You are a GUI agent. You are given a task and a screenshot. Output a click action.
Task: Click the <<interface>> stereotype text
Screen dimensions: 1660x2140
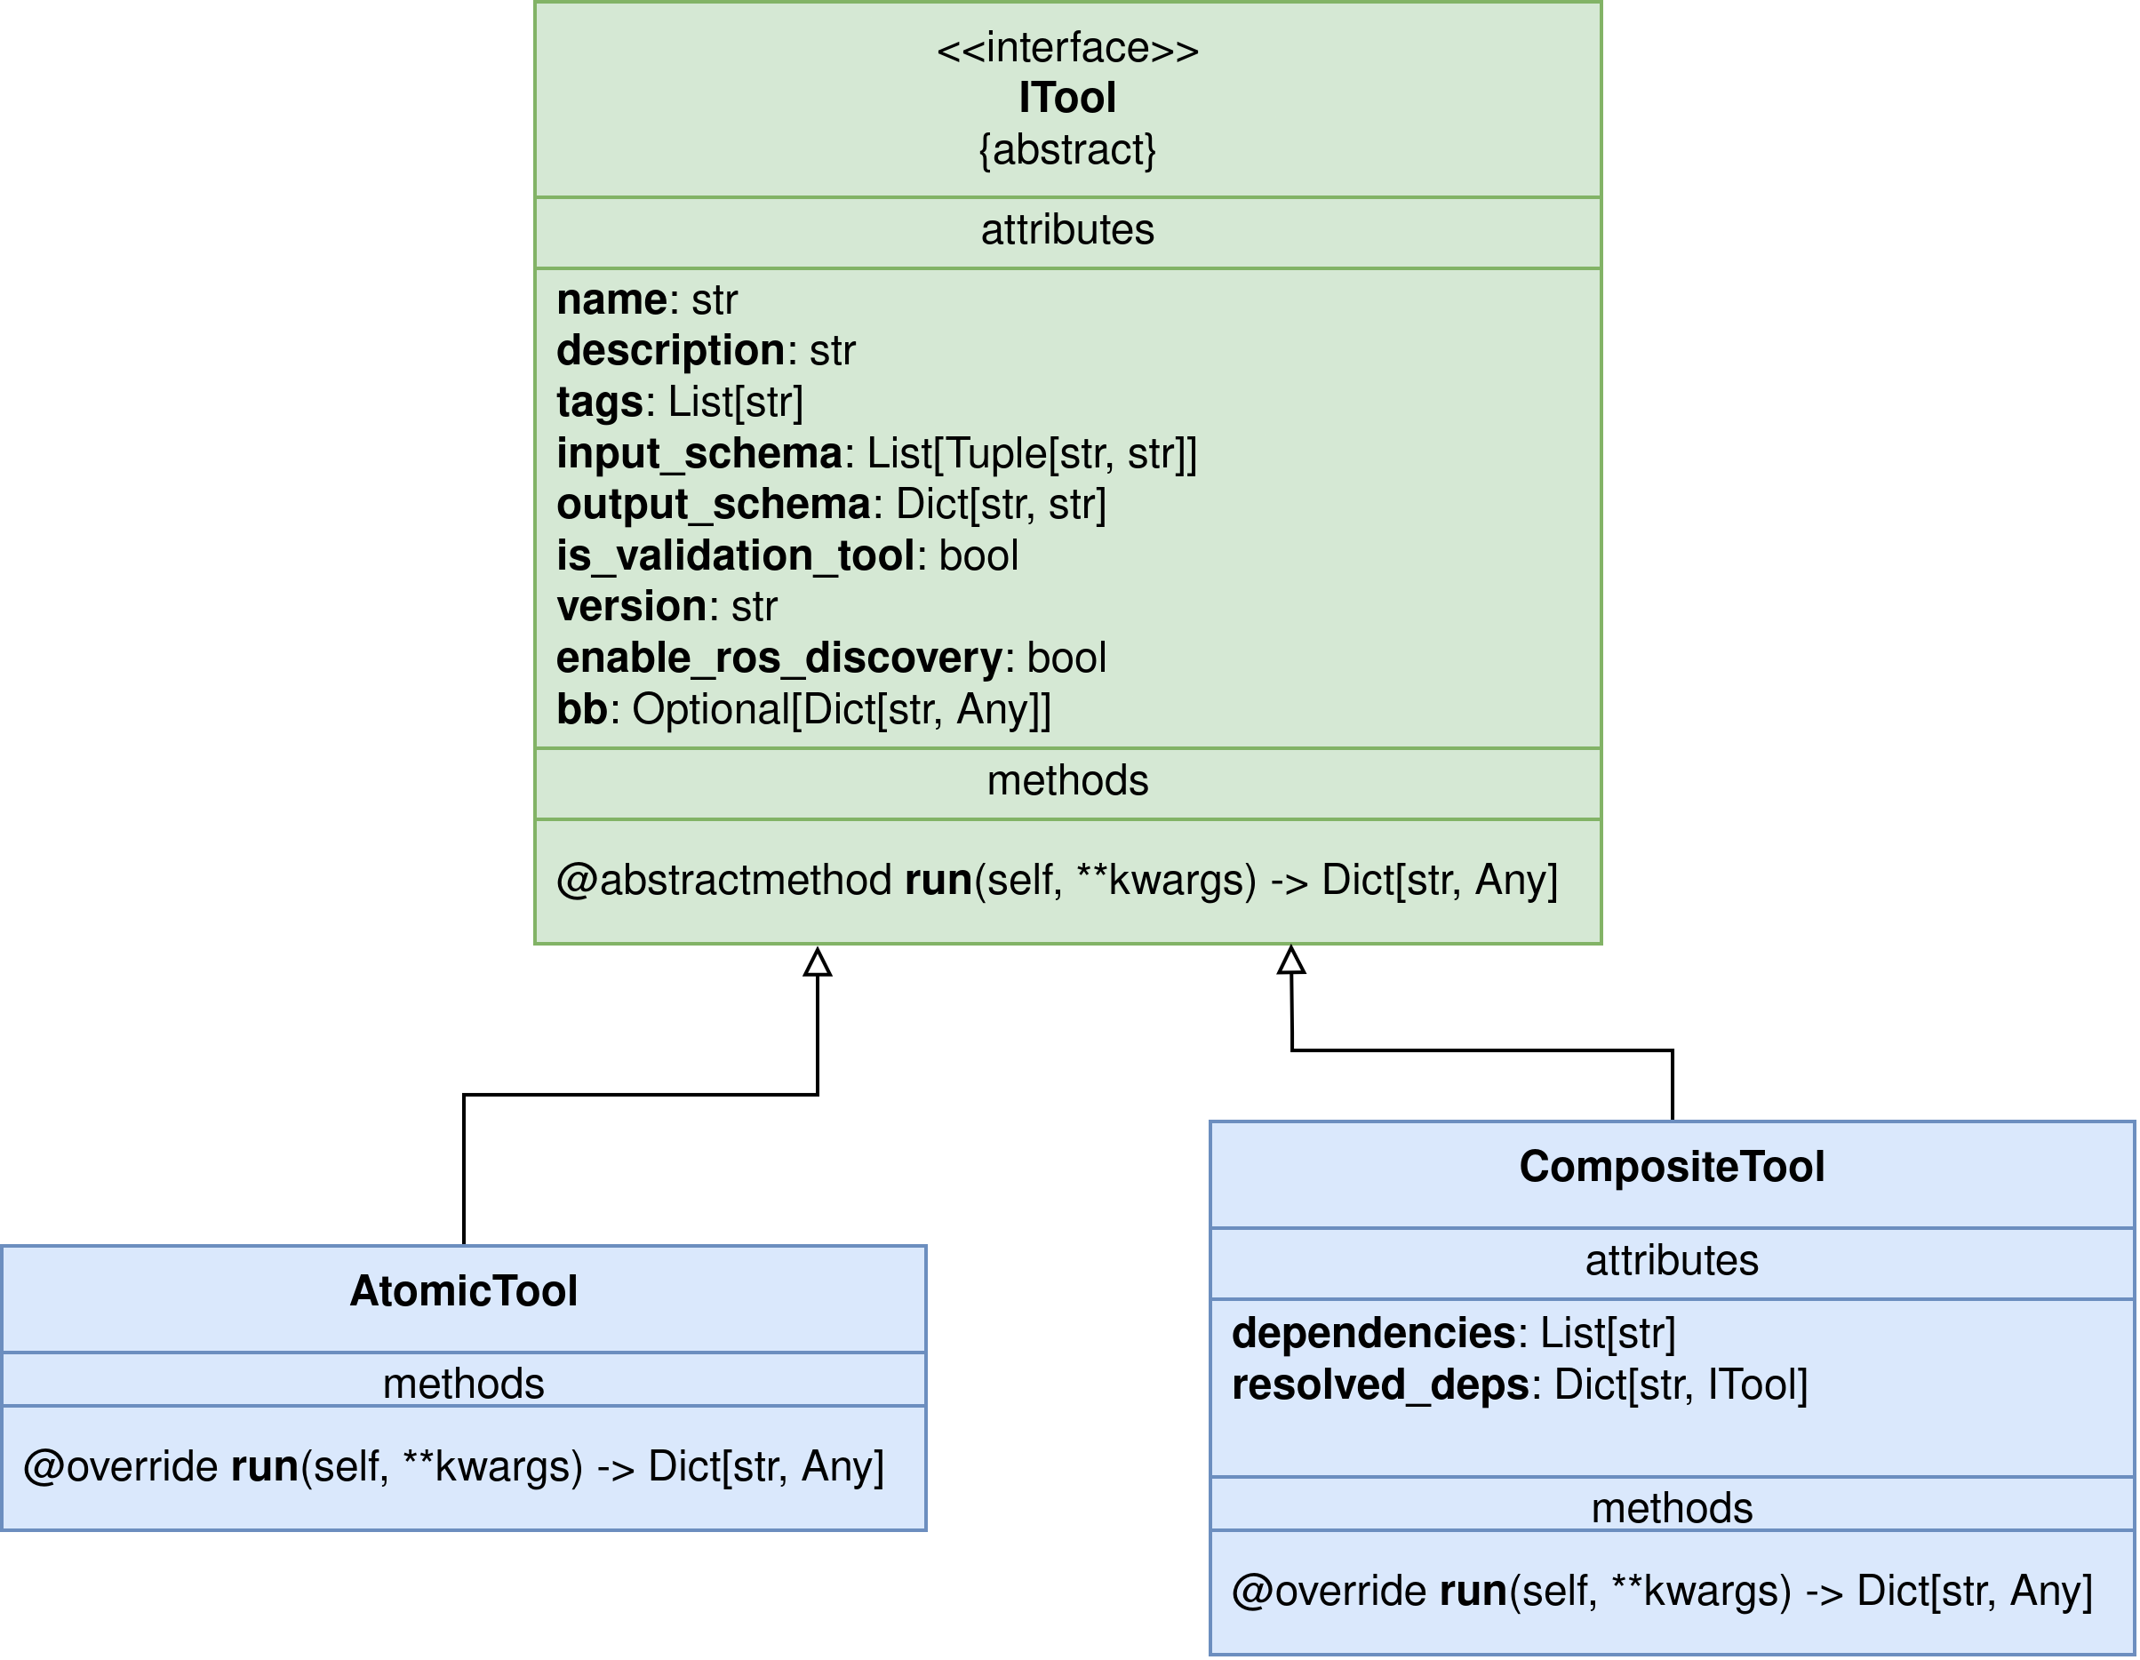(x=1067, y=48)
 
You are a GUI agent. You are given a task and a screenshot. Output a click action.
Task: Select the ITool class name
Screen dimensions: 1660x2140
(x=1067, y=98)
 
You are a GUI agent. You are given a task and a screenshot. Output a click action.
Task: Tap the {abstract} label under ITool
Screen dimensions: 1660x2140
(x=1067, y=150)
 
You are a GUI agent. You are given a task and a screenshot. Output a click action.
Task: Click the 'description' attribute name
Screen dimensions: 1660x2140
(x=670, y=351)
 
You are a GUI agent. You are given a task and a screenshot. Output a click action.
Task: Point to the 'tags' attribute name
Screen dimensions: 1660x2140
(x=600, y=403)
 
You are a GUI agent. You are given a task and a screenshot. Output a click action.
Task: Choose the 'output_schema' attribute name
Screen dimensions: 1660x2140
(x=714, y=505)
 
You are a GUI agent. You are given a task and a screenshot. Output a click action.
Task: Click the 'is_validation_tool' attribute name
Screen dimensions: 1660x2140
(x=735, y=555)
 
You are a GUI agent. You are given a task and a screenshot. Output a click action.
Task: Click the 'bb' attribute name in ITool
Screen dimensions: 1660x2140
(x=582, y=709)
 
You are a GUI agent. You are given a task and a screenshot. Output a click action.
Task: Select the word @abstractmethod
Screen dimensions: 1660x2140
(x=724, y=880)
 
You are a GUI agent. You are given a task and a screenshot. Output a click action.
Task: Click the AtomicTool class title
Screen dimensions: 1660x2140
(x=464, y=1290)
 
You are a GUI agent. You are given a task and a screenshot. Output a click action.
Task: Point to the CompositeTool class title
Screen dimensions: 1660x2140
(x=1672, y=1166)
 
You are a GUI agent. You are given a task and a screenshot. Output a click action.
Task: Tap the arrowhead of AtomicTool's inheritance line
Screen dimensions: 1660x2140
(x=818, y=962)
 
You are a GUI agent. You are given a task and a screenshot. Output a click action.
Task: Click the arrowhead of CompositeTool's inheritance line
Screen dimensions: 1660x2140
(x=1291, y=961)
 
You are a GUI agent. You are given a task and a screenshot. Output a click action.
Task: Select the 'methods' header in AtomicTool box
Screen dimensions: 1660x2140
(x=464, y=1384)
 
